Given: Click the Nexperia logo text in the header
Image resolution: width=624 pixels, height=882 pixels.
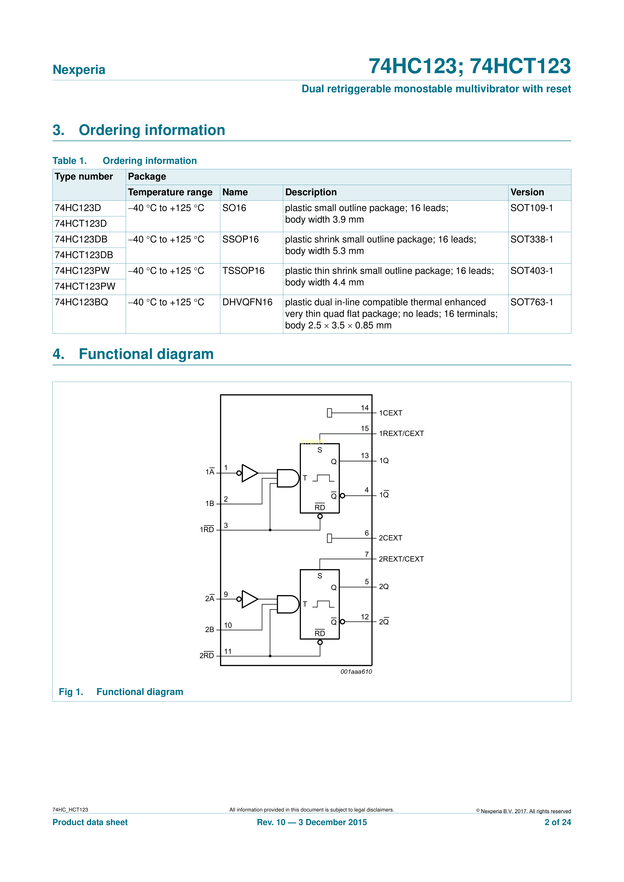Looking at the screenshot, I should coord(79,70).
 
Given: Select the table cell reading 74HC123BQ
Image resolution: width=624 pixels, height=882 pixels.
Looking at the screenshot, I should coord(81,302).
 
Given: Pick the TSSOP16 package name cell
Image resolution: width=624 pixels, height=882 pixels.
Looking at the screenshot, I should coord(243,271).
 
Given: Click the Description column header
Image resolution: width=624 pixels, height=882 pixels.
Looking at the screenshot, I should coord(311,192).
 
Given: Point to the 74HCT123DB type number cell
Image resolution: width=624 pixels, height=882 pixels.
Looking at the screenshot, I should coord(84,255).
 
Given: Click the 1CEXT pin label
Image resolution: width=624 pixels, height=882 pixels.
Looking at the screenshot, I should coord(390,413).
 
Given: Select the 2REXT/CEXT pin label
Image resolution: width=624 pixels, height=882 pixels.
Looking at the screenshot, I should coord(401,559).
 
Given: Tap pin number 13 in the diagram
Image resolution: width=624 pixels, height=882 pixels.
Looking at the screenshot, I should coord(364,456).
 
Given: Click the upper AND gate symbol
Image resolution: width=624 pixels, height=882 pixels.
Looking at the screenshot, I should coord(287,478).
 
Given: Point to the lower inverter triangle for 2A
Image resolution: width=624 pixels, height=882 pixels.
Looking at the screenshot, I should coord(249,599).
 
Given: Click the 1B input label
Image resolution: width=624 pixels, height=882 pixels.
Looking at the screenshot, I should coord(210,503).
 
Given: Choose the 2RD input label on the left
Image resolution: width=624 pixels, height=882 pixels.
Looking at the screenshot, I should coord(207,655).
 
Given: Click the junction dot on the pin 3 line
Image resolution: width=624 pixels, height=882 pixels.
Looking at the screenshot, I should coord(270,530).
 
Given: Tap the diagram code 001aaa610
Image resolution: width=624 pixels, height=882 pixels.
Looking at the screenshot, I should coord(356,671).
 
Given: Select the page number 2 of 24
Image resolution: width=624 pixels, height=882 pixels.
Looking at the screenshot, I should coord(558,822).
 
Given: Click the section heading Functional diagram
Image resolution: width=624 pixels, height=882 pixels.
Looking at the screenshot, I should coord(146,354).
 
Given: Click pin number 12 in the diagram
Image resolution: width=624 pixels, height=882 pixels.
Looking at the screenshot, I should coord(364,617).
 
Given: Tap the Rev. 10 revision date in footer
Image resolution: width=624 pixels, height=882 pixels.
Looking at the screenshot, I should coord(312,822).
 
